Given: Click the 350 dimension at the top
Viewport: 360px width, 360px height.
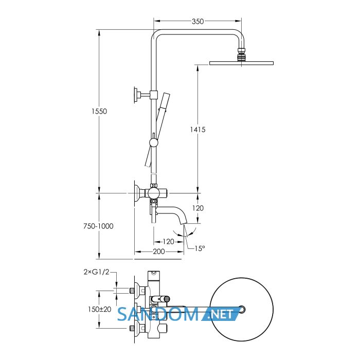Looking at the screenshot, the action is (197, 22).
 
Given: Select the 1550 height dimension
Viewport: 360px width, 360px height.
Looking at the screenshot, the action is (99, 112).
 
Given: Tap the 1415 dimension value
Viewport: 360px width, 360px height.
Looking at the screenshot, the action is (197, 130).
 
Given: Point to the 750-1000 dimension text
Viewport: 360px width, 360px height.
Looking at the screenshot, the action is (98, 226).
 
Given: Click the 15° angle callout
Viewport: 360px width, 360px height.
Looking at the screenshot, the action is (200, 248).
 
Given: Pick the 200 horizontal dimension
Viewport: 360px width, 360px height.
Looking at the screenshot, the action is (159, 251).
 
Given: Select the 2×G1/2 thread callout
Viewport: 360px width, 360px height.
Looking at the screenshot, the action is (96, 272).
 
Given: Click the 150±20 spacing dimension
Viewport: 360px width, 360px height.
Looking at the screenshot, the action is (100, 309).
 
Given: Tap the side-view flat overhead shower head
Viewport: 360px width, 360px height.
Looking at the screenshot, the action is (241, 63).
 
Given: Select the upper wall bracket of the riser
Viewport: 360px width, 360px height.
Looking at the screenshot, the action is (143, 94).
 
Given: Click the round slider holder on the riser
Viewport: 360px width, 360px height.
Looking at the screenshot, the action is (153, 143).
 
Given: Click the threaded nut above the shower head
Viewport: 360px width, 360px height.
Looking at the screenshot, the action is (241, 55).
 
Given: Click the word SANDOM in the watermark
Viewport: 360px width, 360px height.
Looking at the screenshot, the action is (158, 314).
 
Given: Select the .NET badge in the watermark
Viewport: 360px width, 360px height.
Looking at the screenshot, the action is (221, 314).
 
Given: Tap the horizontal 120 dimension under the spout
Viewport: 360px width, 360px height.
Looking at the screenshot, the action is (169, 242).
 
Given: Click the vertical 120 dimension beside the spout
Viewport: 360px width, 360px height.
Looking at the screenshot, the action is (198, 208).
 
